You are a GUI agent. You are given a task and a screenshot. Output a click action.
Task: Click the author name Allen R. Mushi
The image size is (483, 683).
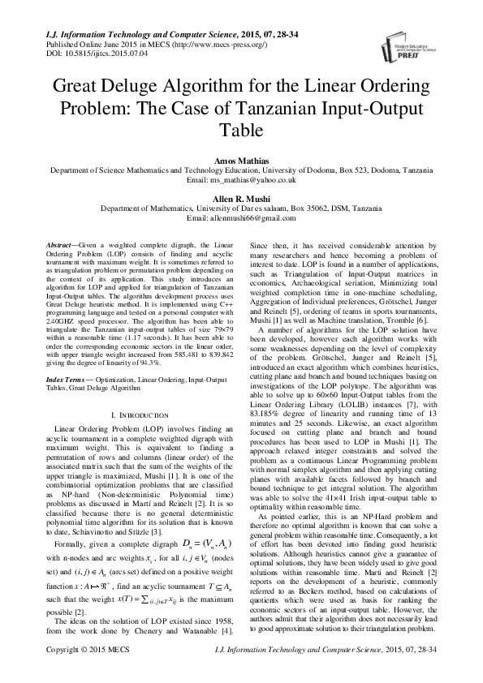coord(241,199)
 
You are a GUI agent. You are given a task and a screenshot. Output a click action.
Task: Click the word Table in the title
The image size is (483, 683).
coord(241,130)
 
